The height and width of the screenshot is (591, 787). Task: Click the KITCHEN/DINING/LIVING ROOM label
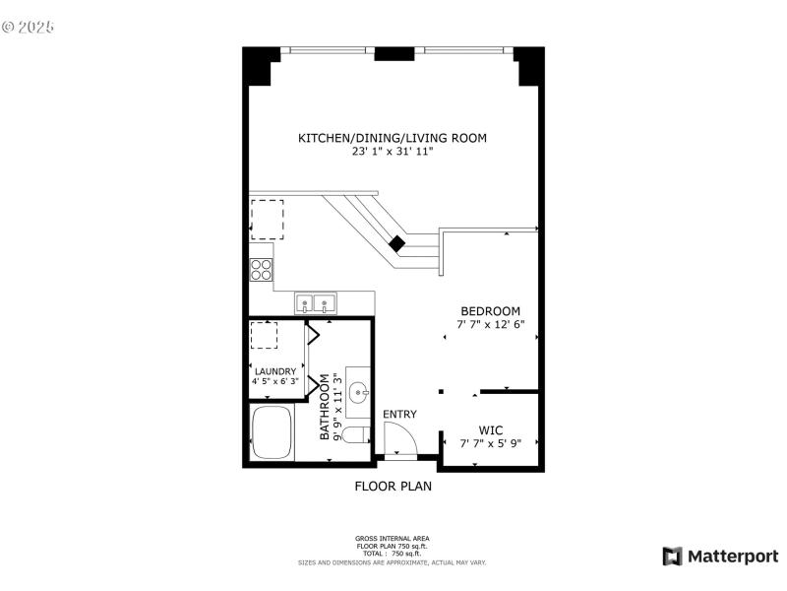point(393,138)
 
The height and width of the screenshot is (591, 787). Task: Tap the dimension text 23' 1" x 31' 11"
point(393,152)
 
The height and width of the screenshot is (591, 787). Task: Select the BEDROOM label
point(490,311)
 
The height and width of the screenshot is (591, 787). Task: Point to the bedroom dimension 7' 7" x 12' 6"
point(490,324)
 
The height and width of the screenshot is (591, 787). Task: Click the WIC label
point(490,430)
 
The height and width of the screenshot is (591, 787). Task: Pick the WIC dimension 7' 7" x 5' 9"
point(490,443)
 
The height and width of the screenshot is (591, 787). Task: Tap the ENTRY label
point(399,414)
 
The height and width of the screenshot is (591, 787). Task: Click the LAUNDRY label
point(275,371)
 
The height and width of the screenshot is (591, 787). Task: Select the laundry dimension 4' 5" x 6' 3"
point(275,382)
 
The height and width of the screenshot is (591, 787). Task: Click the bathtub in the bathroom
point(272,433)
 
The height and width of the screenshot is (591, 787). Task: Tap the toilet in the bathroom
point(357,434)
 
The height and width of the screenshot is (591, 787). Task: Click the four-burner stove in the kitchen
point(261,269)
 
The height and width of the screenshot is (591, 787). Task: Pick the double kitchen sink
point(316,302)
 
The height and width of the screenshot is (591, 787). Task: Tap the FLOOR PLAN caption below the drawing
point(393,486)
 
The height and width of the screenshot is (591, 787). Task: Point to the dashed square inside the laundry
point(264,335)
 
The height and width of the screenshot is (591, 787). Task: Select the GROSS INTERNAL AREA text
point(392,538)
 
